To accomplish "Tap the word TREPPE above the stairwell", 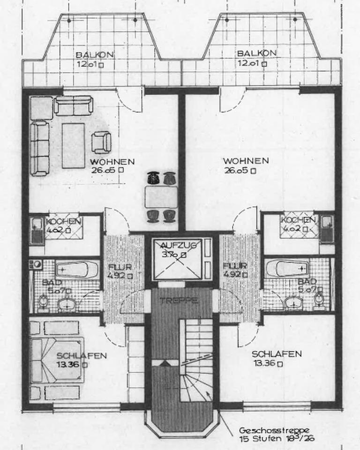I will [x=181, y=300].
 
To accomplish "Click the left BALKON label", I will [x=94, y=54].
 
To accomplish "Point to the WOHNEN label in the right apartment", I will [x=246, y=161].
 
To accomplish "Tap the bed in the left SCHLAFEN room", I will [x=57, y=359].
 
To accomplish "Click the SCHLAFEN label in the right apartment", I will [x=277, y=354].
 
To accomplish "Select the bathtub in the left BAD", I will [x=77, y=270].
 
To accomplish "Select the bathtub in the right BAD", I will [x=286, y=269].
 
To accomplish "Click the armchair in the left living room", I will [x=101, y=142].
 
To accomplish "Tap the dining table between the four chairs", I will [x=161, y=196].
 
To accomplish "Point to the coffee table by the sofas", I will [x=73, y=145].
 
